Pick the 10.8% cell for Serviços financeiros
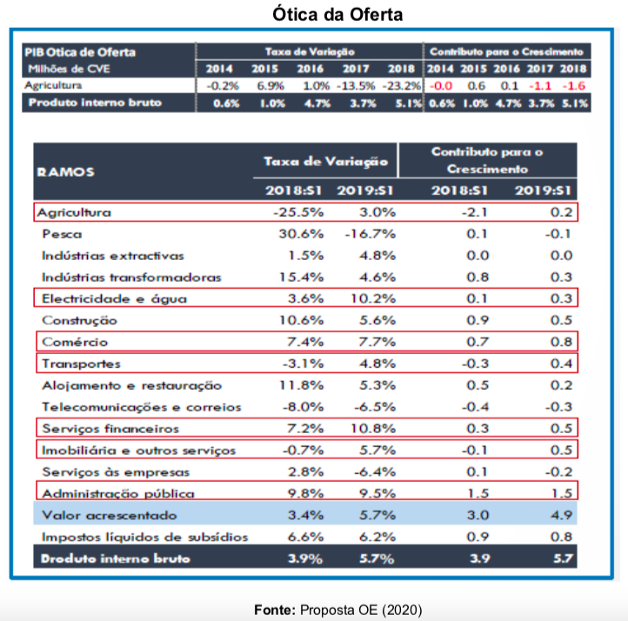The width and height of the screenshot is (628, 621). tap(372, 429)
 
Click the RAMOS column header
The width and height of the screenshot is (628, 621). tap(66, 172)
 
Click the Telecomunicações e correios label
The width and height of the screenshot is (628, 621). tap(141, 407)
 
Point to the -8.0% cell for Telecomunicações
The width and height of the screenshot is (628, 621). tap(302, 407)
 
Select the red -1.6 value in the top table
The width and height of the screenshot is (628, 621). tap(574, 86)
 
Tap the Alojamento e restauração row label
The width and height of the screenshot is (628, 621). tap(131, 385)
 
